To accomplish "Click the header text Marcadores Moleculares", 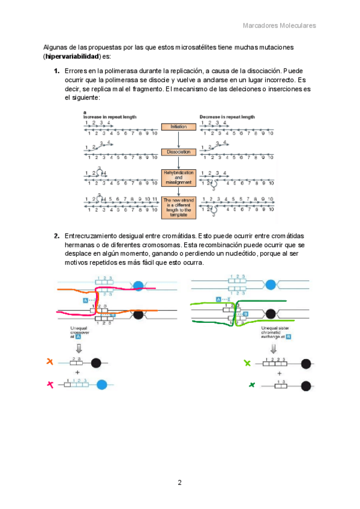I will tap(279, 26).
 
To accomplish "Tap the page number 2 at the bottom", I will tap(179, 483).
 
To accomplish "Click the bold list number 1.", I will tap(57, 71).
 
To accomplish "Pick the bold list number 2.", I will tap(57, 236).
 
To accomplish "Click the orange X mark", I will tap(50, 362).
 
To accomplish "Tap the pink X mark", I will tap(50, 384).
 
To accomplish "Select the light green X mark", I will tap(247, 362).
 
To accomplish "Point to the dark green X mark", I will tap(247, 384).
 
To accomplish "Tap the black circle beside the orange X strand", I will tap(96, 362).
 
